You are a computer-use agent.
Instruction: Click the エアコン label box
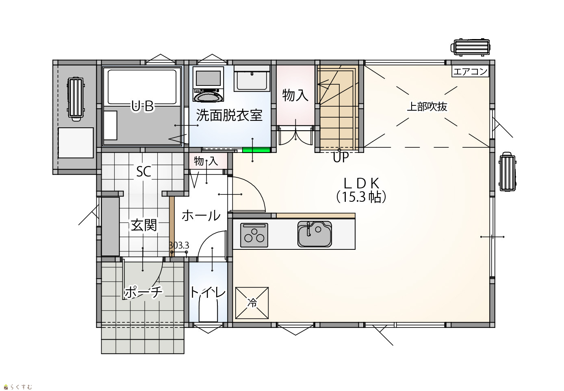click(470, 72)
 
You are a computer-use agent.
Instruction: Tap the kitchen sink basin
click(315, 234)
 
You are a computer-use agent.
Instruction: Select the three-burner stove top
click(254, 235)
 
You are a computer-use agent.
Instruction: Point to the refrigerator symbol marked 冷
click(252, 303)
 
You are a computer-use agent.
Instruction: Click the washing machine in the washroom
click(208, 85)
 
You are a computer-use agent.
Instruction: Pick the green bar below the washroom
click(256, 150)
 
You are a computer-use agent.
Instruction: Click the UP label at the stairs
click(341, 157)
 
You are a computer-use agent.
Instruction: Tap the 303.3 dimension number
click(179, 245)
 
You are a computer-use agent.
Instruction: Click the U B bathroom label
click(143, 106)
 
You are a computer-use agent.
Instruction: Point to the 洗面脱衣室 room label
click(229, 115)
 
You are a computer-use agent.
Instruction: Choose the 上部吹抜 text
click(427, 107)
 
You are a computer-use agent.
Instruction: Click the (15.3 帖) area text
click(361, 197)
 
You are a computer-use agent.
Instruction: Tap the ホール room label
click(201, 216)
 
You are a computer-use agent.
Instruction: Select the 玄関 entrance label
click(144, 225)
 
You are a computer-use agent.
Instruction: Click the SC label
click(143, 172)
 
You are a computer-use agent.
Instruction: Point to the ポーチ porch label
click(143, 293)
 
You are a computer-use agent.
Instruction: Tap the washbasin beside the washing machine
click(252, 78)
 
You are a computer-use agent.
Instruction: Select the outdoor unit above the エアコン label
click(470, 47)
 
